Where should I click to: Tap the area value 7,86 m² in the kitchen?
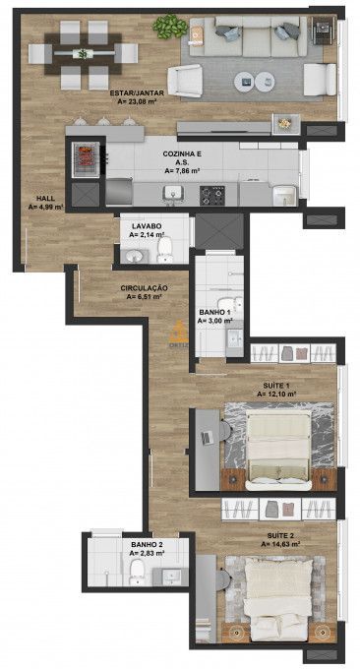tap(183, 170)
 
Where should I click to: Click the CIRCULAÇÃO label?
tap(144, 287)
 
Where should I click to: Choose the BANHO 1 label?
tap(215, 312)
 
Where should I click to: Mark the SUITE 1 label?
tap(276, 385)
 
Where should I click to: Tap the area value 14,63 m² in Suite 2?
tap(280, 543)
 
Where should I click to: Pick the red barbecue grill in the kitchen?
tap(85, 156)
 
